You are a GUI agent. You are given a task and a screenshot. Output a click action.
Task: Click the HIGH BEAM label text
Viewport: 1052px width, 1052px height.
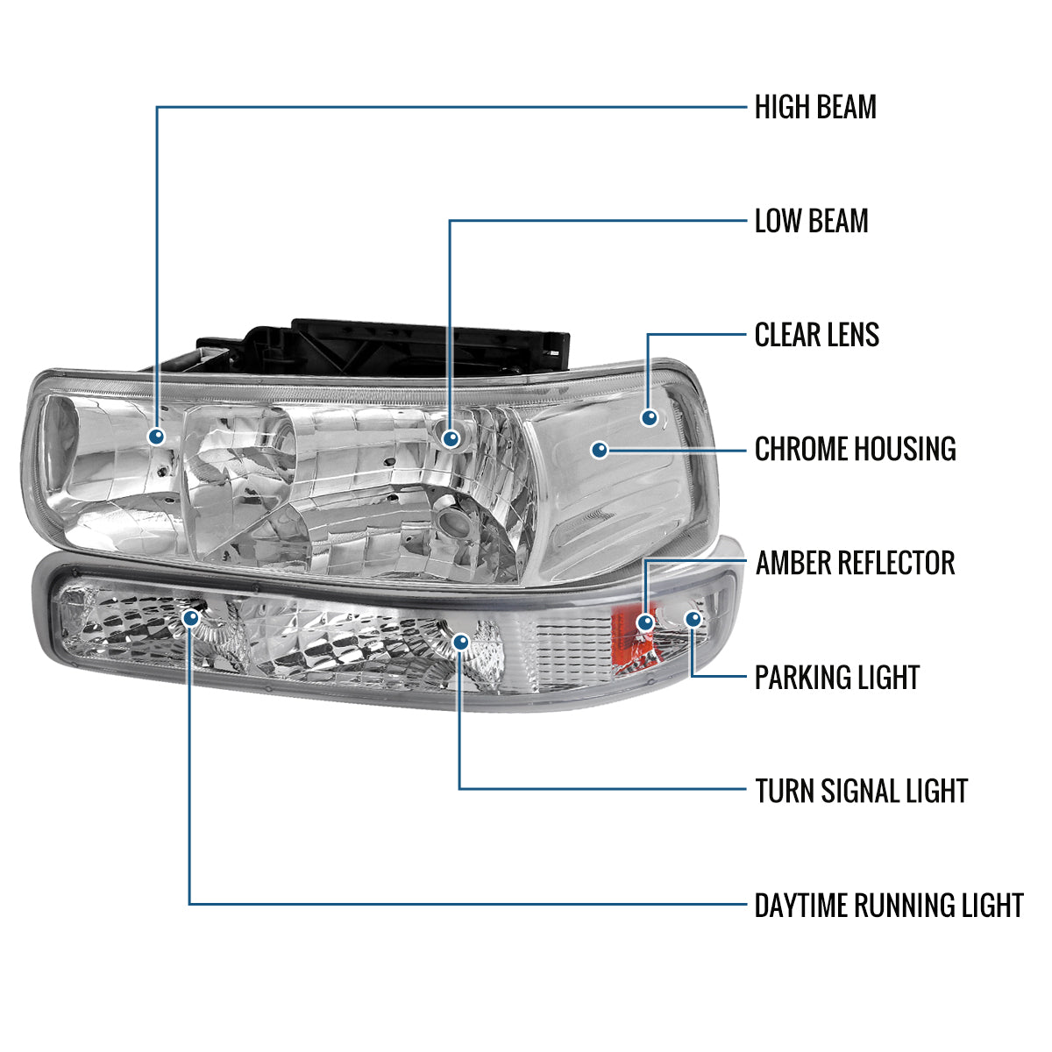(815, 108)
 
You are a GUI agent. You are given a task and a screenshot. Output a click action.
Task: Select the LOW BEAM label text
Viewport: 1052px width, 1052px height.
(811, 221)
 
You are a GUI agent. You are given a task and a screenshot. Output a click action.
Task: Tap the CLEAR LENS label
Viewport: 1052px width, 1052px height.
(816, 335)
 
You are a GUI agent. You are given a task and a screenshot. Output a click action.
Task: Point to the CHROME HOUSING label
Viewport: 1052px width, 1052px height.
(855, 449)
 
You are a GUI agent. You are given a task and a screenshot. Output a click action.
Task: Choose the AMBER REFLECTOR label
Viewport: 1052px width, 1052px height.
(855, 563)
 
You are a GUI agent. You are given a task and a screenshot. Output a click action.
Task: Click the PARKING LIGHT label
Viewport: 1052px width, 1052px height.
(836, 678)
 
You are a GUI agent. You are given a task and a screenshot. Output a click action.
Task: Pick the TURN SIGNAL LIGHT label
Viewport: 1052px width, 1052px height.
(861, 791)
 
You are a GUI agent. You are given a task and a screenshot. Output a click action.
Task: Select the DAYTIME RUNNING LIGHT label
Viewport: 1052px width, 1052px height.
(888, 906)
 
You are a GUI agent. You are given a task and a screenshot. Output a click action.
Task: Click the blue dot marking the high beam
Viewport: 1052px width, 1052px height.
(157, 436)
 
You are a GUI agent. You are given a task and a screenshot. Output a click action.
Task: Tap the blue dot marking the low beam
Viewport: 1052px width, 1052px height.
(451, 437)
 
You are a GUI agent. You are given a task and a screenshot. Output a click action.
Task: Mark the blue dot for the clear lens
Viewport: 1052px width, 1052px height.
(649, 418)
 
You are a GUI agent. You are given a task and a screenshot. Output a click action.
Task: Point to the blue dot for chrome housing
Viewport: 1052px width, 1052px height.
(600, 450)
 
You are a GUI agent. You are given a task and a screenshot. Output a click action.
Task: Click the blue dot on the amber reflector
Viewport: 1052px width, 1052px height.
(645, 622)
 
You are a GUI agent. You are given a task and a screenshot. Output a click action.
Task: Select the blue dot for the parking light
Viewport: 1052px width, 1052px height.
(693, 619)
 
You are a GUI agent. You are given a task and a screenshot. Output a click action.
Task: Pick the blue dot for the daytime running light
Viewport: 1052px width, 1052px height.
(190, 618)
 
